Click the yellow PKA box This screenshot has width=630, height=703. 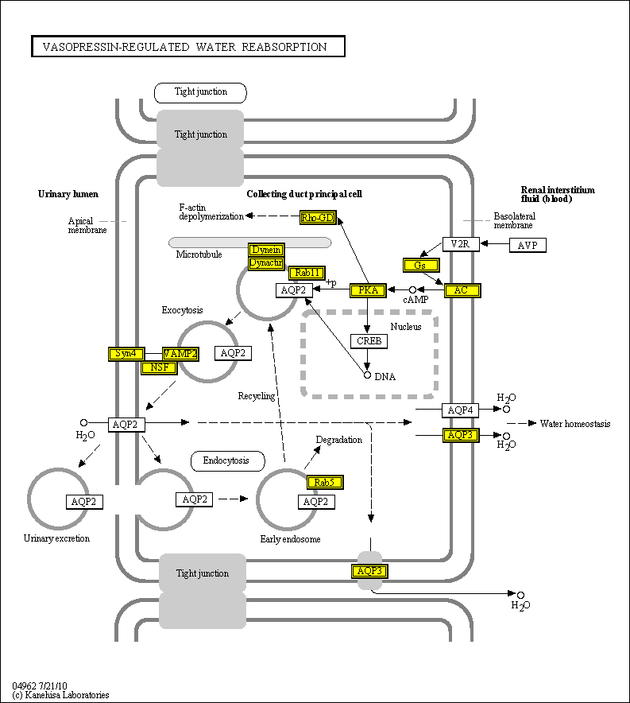click(x=368, y=290)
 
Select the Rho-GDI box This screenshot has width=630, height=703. click(x=318, y=218)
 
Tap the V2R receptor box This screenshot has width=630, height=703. click(x=460, y=244)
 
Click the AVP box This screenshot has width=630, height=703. click(x=527, y=245)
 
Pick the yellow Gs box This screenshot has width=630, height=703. click(x=421, y=265)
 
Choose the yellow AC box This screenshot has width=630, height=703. click(x=462, y=290)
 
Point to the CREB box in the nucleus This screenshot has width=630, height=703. click(x=369, y=341)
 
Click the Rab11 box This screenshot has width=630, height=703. click(x=306, y=273)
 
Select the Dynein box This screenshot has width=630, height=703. click(x=265, y=250)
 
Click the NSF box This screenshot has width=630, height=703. click(x=159, y=367)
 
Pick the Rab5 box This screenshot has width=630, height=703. click(x=324, y=482)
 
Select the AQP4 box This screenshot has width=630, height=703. click(x=460, y=410)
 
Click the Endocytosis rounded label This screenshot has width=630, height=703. click(x=226, y=460)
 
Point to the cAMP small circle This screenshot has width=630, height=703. click(x=412, y=290)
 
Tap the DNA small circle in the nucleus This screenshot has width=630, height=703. click(x=367, y=375)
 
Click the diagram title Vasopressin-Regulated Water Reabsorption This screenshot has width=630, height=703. click(x=188, y=47)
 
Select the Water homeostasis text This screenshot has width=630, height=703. click(x=575, y=424)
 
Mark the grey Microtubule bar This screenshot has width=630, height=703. click(x=250, y=242)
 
